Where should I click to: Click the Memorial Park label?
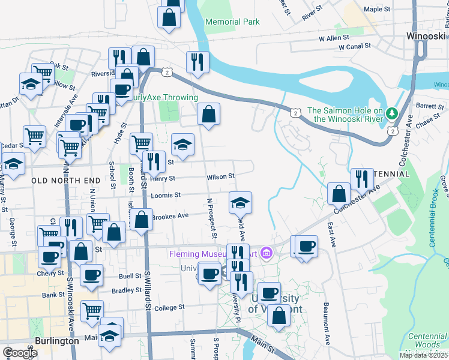click(x=232, y=22)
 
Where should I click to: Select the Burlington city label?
click(x=57, y=341)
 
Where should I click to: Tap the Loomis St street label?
click(x=168, y=195)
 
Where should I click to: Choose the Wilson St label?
click(x=219, y=177)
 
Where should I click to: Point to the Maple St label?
click(x=377, y=10)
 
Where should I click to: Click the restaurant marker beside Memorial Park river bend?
click(x=196, y=62)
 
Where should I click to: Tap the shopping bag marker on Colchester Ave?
click(x=339, y=193)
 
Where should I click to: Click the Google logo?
click(x=19, y=353)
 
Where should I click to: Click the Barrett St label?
click(x=429, y=106)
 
